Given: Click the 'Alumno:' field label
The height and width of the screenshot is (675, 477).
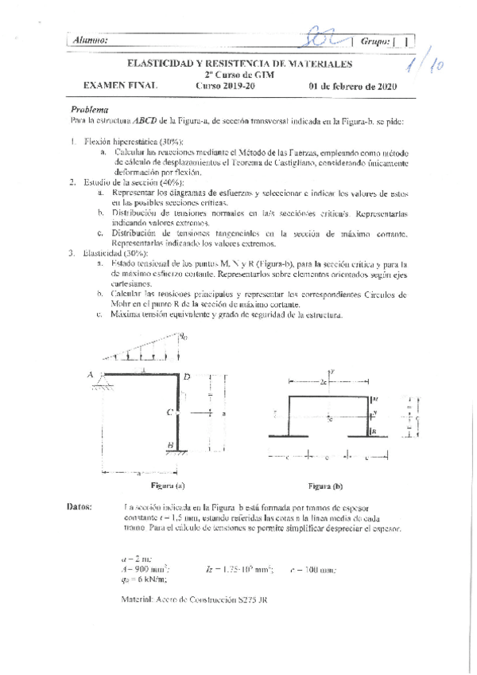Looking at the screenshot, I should pyautogui.click(x=91, y=40).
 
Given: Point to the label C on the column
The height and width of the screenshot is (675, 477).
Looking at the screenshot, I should pyautogui.click(x=170, y=412).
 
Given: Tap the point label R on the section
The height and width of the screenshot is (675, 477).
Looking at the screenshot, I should pyautogui.click(x=376, y=429).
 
